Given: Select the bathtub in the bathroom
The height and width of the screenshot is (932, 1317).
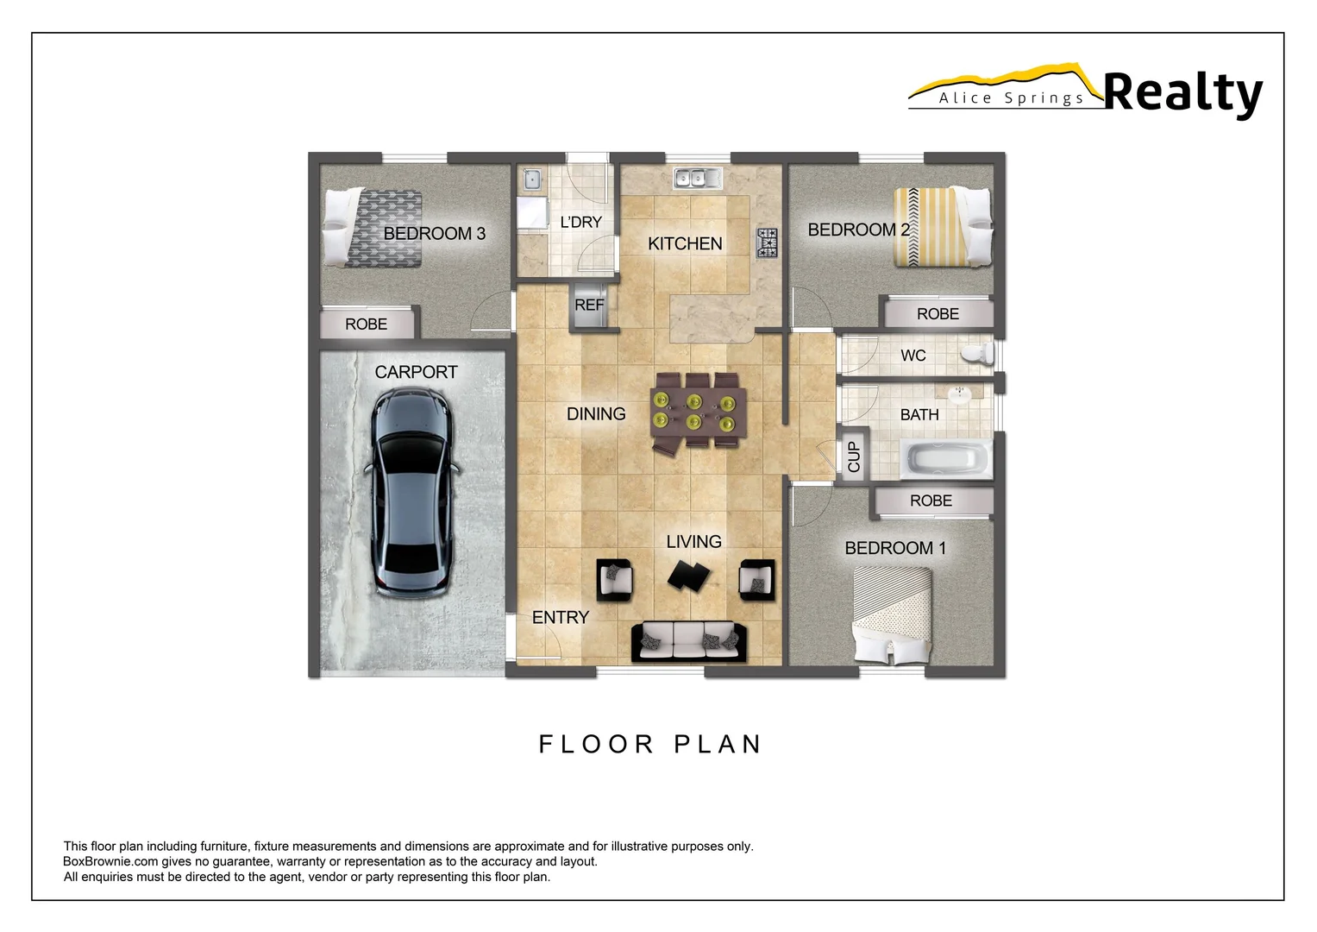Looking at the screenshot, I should point(946,458).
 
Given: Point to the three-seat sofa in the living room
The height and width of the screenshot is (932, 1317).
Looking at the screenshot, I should point(689,641).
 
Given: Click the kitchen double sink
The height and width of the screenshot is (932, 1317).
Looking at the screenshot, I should point(698,178).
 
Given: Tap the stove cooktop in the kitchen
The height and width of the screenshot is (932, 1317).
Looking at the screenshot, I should point(767,242).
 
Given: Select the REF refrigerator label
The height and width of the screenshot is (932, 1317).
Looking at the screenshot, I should point(589,305).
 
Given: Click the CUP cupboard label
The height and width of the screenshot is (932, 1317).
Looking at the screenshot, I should point(854,456).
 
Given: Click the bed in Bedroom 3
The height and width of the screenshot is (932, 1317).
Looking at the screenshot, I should point(373,228).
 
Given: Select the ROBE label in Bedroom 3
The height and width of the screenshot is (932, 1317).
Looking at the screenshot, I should point(367,324).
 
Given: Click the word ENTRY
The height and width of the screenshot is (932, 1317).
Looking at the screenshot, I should point(561,618).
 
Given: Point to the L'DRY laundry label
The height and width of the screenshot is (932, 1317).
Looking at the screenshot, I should point(581,223).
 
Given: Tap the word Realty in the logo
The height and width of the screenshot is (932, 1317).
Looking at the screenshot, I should point(1182,93).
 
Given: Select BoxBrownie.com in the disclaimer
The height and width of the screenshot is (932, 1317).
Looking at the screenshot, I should point(110,861).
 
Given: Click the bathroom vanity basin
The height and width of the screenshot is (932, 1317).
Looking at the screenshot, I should point(961,394).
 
